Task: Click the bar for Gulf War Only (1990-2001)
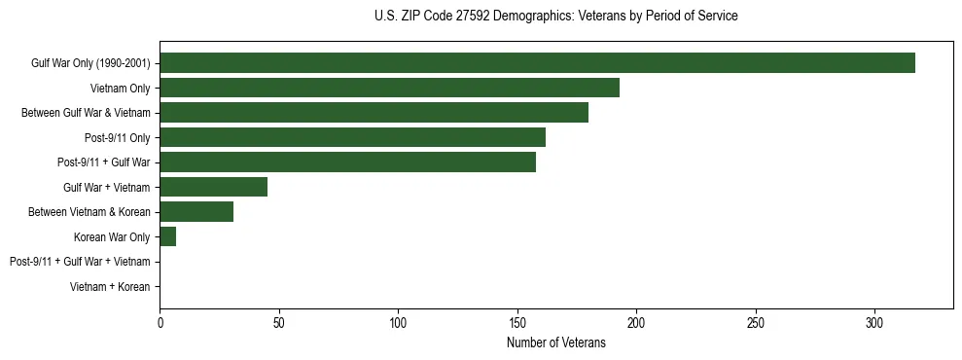[x=537, y=63]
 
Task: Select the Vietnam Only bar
[x=389, y=89]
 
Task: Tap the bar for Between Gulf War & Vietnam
[x=374, y=113]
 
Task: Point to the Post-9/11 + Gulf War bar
[x=347, y=162]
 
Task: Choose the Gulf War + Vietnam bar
[x=213, y=187]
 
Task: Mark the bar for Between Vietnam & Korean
[x=196, y=212]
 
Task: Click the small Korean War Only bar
[x=167, y=236]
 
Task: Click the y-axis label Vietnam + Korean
[x=110, y=287]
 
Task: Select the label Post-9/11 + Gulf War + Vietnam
[x=80, y=262]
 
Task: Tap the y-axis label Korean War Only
[x=112, y=236]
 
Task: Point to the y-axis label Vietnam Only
[x=120, y=89]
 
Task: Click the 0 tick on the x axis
[x=160, y=321]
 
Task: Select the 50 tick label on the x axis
[x=279, y=321]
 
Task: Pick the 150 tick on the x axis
[x=517, y=321]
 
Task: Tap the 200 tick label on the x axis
[x=636, y=321]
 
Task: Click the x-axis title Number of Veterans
[x=556, y=342]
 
